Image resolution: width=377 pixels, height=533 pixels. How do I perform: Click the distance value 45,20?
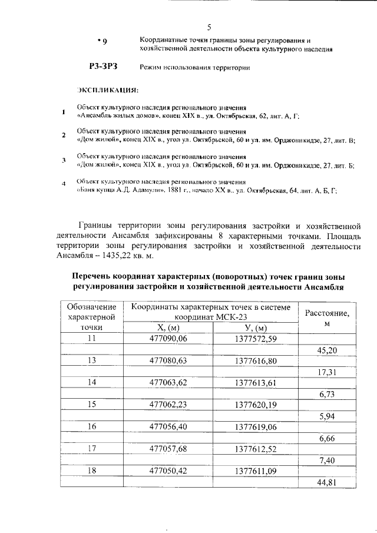pyautogui.click(x=328, y=350)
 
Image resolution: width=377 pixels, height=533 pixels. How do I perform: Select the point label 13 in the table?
pyautogui.click(x=91, y=360)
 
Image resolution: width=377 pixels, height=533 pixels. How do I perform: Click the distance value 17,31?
pyautogui.click(x=328, y=372)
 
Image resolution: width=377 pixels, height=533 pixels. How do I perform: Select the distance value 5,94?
pyautogui.click(x=328, y=416)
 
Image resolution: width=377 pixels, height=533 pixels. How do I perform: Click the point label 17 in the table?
pyautogui.click(x=91, y=448)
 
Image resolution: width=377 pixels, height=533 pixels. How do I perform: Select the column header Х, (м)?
pyautogui.click(x=168, y=327)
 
